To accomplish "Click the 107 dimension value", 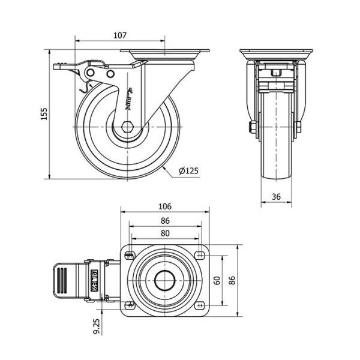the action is pos(120,35).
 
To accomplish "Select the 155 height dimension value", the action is pos(44,113).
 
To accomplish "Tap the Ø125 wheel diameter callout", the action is pos(188,171).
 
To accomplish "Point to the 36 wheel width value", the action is pos(276,197).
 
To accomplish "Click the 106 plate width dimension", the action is pos(165,206).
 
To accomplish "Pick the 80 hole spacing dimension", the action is pos(165,233).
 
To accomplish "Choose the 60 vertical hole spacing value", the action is pos(217,281).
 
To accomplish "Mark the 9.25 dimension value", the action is pos(97,326).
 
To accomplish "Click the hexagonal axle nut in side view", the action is pos(127,127).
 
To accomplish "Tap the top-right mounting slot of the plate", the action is pos(200,255).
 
